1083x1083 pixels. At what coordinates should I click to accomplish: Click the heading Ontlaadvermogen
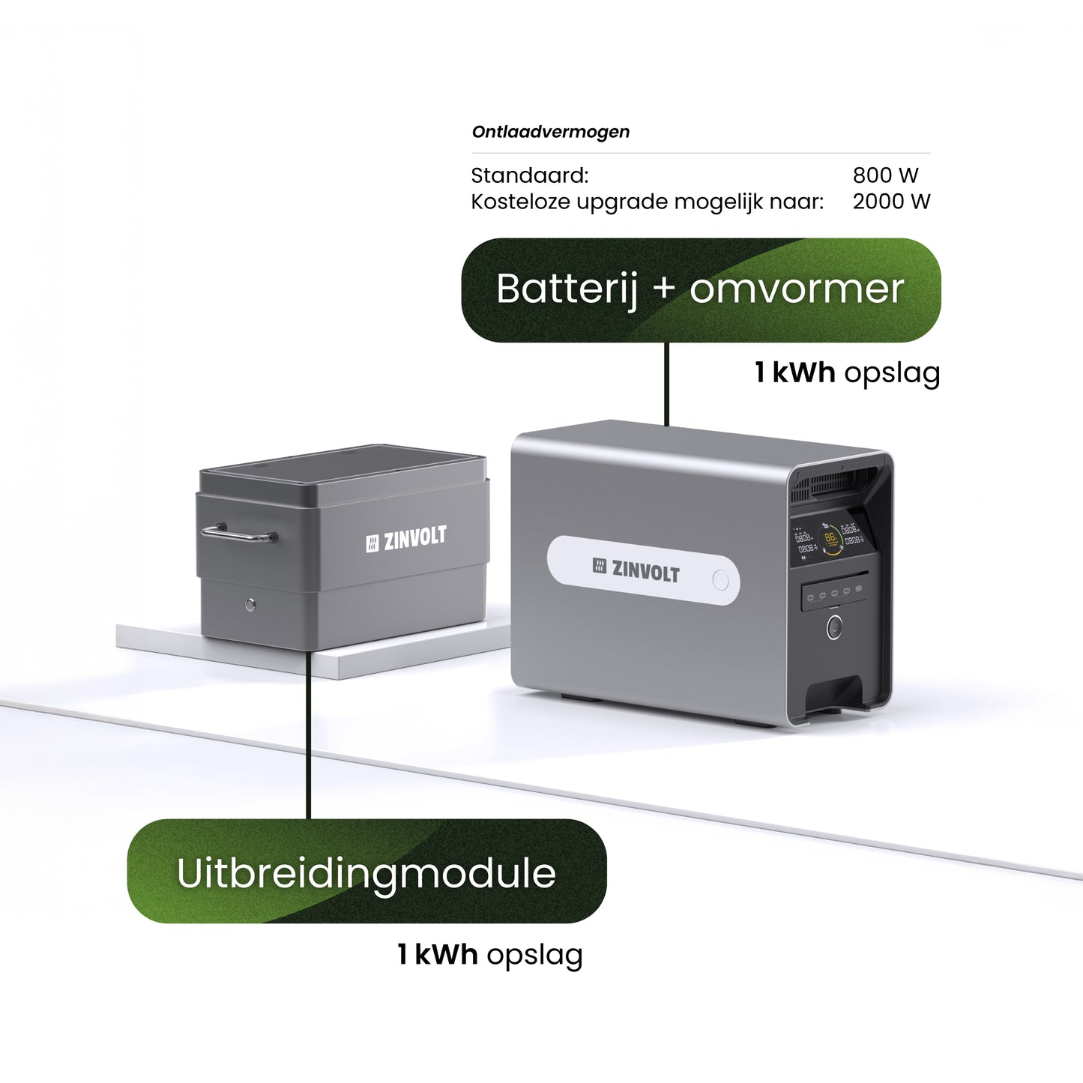(x=550, y=132)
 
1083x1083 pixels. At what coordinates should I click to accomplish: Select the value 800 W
(x=884, y=175)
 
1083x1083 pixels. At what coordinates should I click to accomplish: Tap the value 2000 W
(x=890, y=202)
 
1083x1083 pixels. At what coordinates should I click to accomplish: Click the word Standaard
(x=529, y=175)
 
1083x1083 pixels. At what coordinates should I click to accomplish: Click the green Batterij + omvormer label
(x=700, y=290)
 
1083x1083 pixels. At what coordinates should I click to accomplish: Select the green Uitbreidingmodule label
(x=366, y=872)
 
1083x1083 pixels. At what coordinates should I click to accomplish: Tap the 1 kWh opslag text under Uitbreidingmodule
(x=489, y=955)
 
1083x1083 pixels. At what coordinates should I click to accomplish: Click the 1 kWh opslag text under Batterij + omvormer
(x=846, y=372)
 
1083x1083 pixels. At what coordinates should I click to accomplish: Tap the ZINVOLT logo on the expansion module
(x=405, y=540)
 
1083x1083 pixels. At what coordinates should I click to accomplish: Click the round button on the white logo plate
(x=720, y=580)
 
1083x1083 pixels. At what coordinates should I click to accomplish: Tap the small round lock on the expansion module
(x=250, y=604)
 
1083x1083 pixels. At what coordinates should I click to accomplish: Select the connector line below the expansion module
(x=308, y=734)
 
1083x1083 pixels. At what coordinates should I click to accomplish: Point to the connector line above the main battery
(x=666, y=384)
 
